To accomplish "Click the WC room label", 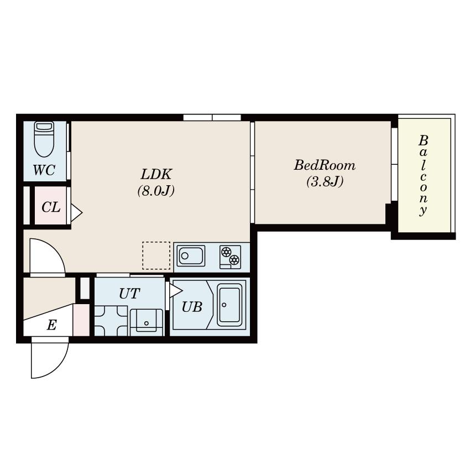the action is coord(44,170).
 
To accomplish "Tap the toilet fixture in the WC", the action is coord(44,139).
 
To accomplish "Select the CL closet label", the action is coord(51,207).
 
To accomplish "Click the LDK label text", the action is coord(156,174).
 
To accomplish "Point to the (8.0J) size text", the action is coord(156,191).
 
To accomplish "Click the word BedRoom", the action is coord(325,165).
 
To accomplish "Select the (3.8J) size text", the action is coord(325,181).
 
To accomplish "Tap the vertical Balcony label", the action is coord(423,175).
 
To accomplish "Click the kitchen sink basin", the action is coord(191,256).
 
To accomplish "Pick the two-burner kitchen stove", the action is coord(230,257).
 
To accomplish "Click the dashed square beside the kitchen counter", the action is coord(156,255).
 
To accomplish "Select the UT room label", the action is coord(129,294).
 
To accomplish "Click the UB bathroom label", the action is coord(192,307).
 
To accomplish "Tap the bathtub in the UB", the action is coord(229,305).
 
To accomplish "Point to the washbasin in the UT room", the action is coord(147,322).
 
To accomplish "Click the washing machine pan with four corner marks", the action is coord(111,321).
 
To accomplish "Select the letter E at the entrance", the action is coord(51,325).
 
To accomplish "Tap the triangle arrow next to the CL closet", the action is coord(76,213).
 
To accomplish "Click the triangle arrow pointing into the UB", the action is coord(176,291).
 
